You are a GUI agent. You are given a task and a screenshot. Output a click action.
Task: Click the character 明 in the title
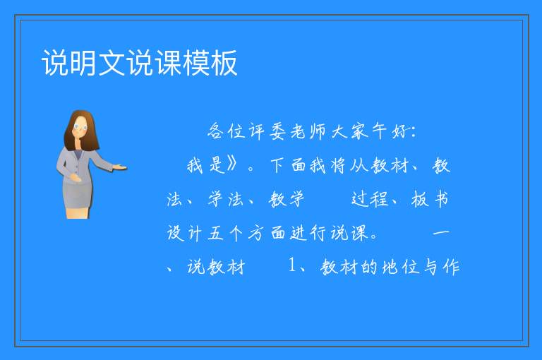pyautogui.click(x=83, y=63)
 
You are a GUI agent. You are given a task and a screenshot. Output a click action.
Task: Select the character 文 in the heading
pyautogui.click(x=112, y=63)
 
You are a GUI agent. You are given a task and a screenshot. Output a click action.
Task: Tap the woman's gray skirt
pyautogui.click(x=78, y=195)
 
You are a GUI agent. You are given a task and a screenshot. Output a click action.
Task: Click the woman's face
pyautogui.click(x=80, y=127)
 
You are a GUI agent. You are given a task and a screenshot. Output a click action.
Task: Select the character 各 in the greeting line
pyautogui.click(x=216, y=131)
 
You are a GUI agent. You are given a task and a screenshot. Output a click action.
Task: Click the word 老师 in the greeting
pyautogui.click(x=308, y=131)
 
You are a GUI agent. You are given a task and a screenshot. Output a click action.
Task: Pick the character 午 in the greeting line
pyautogui.click(x=380, y=131)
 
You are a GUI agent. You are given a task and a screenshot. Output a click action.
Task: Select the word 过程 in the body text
pyautogui.click(x=370, y=199)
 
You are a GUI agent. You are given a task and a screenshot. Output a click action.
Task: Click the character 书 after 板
pyautogui.click(x=441, y=199)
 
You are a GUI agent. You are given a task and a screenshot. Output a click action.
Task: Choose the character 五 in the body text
pyautogui.click(x=216, y=233)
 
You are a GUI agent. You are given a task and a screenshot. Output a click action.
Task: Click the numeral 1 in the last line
pyautogui.click(x=292, y=265)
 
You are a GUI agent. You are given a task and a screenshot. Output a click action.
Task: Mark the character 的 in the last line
pyautogui.click(x=369, y=267)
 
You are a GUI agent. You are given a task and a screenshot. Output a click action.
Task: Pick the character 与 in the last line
pyautogui.click(x=431, y=267)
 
